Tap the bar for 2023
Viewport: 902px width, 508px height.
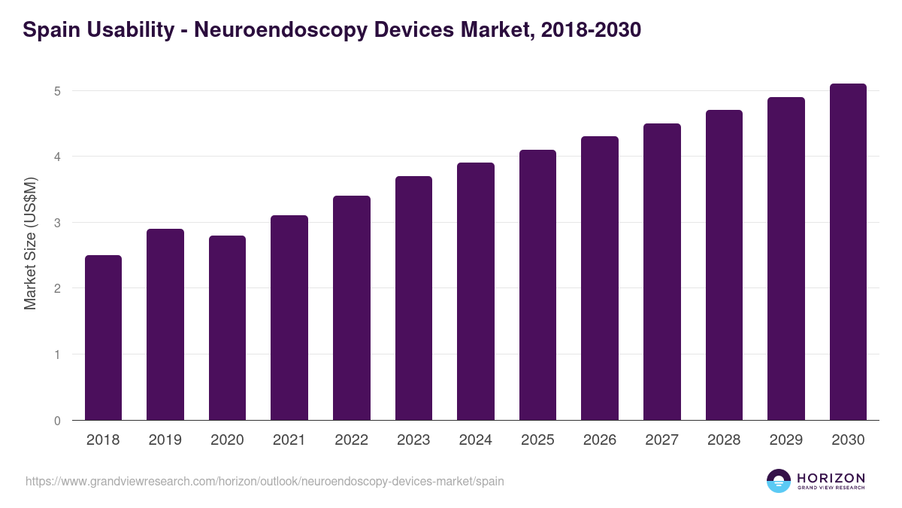[413, 298]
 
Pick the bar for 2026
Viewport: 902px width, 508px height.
[600, 278]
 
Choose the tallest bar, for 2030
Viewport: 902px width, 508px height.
[848, 252]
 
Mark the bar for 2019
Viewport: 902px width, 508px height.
[165, 324]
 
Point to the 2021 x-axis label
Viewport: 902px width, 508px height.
[289, 440]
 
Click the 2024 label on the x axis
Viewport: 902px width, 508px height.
[476, 440]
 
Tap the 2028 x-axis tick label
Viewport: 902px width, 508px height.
[724, 440]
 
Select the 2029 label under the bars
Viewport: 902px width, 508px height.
[786, 440]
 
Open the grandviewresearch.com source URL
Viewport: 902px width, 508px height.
[265, 481]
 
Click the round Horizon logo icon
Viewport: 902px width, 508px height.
[779, 481]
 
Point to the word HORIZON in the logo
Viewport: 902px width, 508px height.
[831, 477]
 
